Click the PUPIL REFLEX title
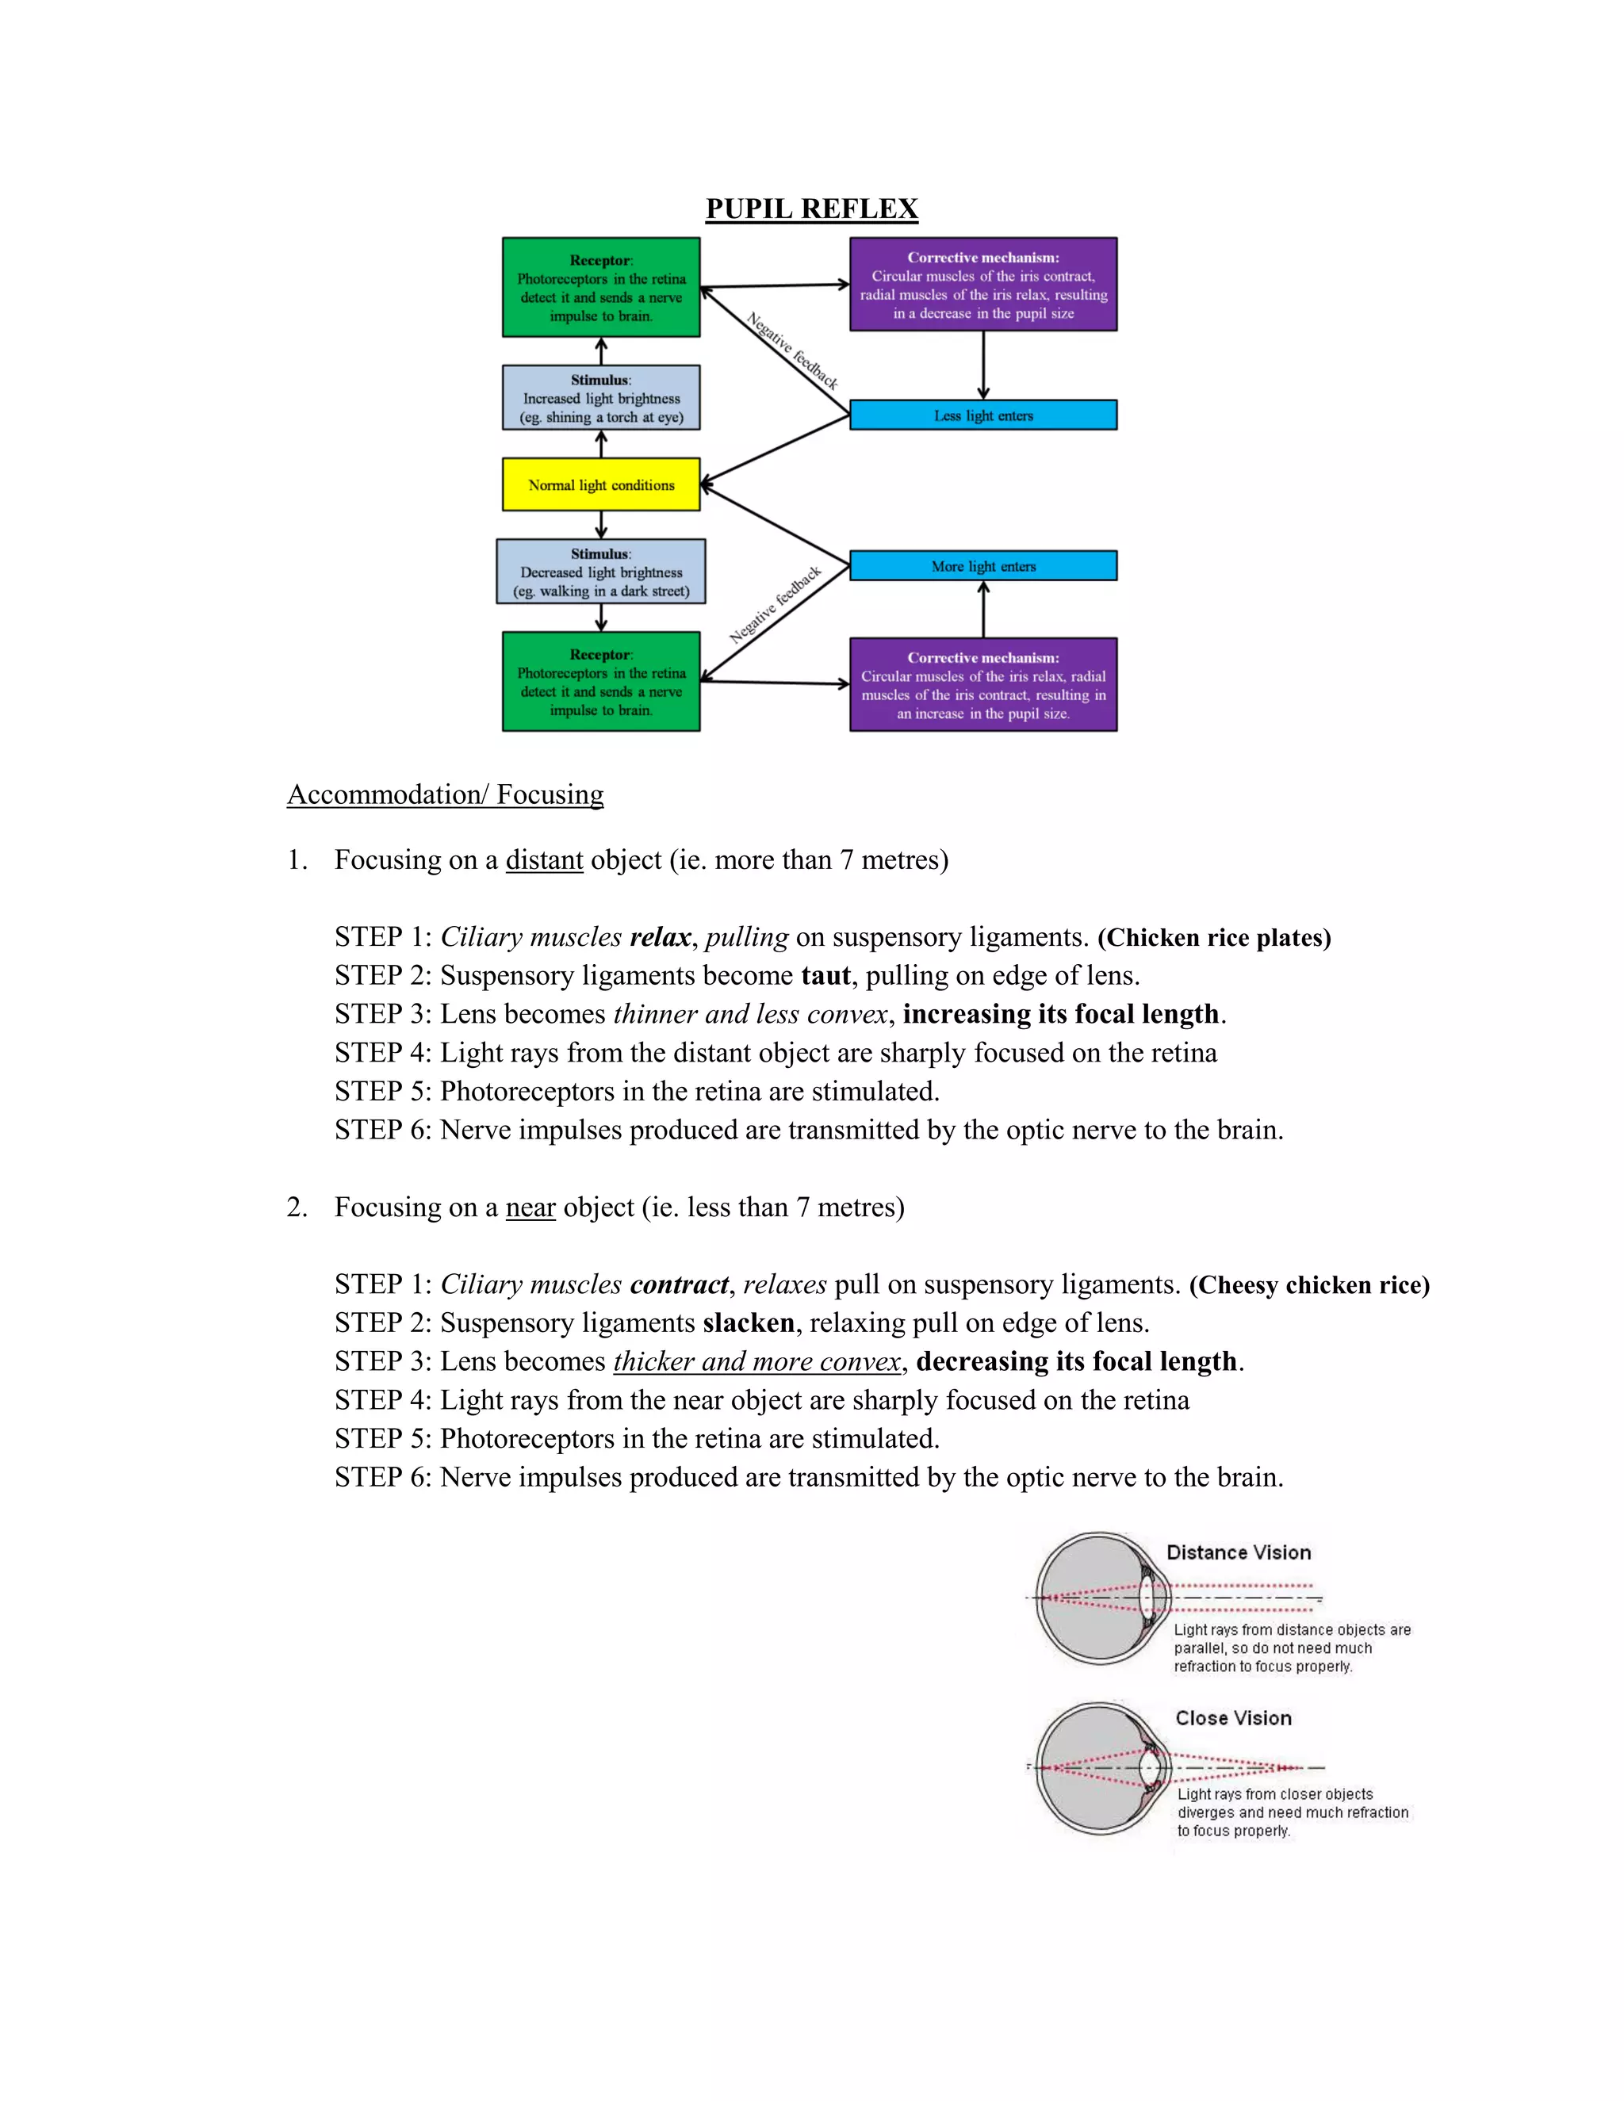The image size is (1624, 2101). coord(811,209)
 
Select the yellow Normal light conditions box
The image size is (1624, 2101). coord(601,485)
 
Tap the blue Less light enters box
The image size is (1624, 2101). coord(983,415)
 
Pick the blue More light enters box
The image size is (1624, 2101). coord(983,565)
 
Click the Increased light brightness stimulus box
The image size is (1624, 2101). coord(601,397)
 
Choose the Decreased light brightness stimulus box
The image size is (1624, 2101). coord(601,572)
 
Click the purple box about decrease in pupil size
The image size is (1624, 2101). coord(983,285)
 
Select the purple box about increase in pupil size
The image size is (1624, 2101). coord(983,685)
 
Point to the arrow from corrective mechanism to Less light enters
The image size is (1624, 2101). coord(983,365)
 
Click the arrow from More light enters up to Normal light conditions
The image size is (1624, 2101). coord(775,525)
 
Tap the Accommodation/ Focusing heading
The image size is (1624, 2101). coord(446,794)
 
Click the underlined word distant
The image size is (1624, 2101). coord(545,860)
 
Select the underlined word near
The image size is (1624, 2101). coord(530,1207)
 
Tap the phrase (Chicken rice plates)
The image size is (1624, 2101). coord(1214,938)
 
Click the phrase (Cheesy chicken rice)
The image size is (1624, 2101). coord(1309,1285)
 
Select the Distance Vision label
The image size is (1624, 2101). coord(1238,1552)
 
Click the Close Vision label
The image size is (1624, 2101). coord(1233,1718)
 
